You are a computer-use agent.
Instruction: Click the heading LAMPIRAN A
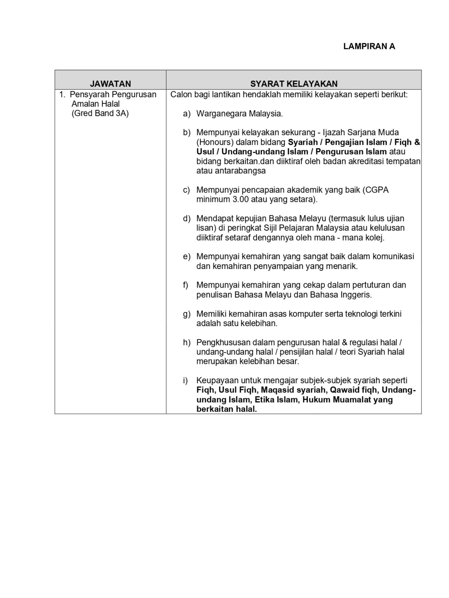click(369, 46)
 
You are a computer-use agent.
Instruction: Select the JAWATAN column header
click(110, 84)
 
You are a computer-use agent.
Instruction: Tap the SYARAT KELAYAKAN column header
click(294, 84)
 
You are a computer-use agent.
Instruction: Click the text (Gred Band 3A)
click(100, 113)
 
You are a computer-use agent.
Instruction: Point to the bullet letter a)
click(186, 114)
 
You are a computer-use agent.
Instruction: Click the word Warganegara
click(218, 114)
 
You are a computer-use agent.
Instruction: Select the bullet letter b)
click(186, 133)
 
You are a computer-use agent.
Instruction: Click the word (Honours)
click(215, 142)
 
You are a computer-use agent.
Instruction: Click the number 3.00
click(240, 199)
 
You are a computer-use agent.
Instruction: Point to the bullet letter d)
click(186, 218)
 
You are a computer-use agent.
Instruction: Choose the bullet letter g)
click(186, 314)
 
